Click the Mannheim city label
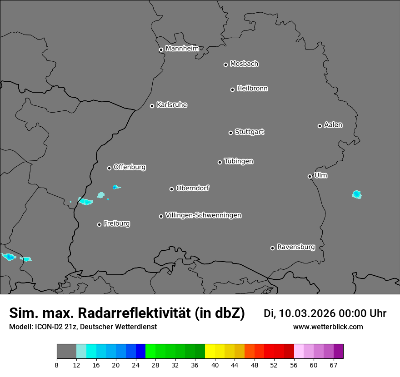coord(182,48)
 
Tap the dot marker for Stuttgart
coord(230,133)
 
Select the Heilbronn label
coord(252,88)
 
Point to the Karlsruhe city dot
coord(152,106)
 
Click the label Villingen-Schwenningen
coord(203,215)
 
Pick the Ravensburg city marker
coord(272,248)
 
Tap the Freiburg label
coord(116,223)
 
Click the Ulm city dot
coord(310,176)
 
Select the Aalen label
coord(333,124)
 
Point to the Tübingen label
coord(239,161)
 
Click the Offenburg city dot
coord(109,168)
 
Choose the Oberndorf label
coord(192,188)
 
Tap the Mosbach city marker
coord(225,64)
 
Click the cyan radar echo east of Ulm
coord(357,194)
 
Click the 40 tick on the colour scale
coord(215,365)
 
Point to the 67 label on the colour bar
coord(334,365)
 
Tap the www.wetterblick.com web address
coord(328,327)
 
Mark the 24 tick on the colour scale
coord(135,365)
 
